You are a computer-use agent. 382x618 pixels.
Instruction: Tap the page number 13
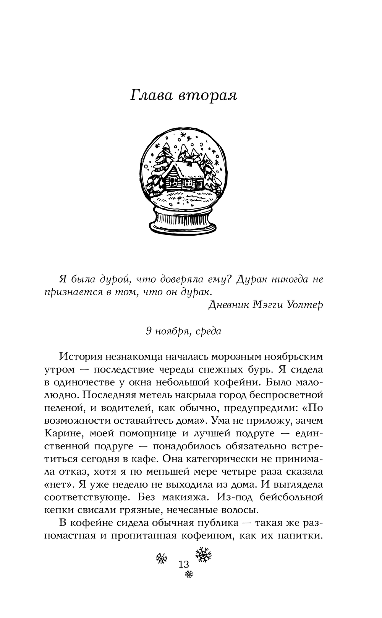pyautogui.click(x=183, y=564)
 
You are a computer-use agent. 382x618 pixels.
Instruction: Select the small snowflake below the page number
pyautogui.click(x=189, y=574)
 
